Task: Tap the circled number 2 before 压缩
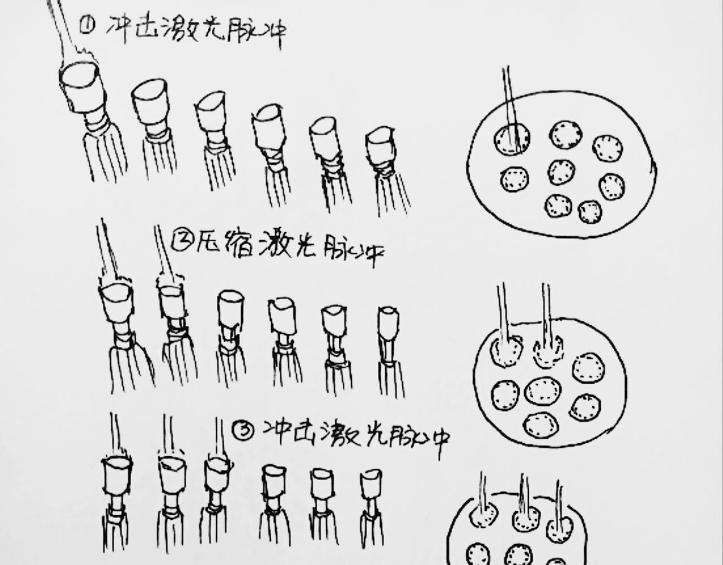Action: coord(181,242)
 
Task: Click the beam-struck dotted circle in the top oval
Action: coord(512,139)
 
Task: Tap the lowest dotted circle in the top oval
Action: coord(590,212)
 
